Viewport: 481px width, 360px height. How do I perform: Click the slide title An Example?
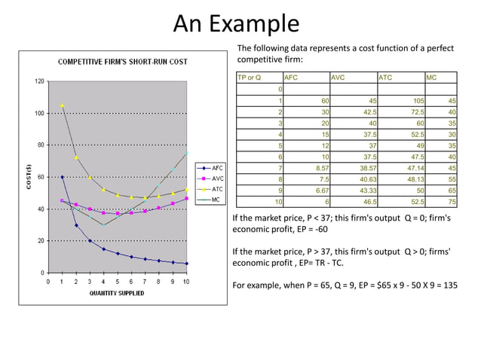point(236,24)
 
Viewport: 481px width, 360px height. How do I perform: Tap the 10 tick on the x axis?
point(186,282)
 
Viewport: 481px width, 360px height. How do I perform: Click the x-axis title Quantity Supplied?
point(118,294)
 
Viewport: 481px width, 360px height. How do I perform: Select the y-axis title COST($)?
point(28,178)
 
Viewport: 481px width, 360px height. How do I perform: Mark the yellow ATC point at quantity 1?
point(63,105)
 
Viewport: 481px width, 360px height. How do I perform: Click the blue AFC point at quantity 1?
point(63,177)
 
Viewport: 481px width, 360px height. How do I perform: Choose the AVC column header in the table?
point(340,78)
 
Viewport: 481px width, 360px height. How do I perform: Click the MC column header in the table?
point(432,78)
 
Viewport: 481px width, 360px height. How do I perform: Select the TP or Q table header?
point(250,78)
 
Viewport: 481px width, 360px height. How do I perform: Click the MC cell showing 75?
point(451,202)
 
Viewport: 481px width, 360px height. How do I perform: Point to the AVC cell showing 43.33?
point(368,191)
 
